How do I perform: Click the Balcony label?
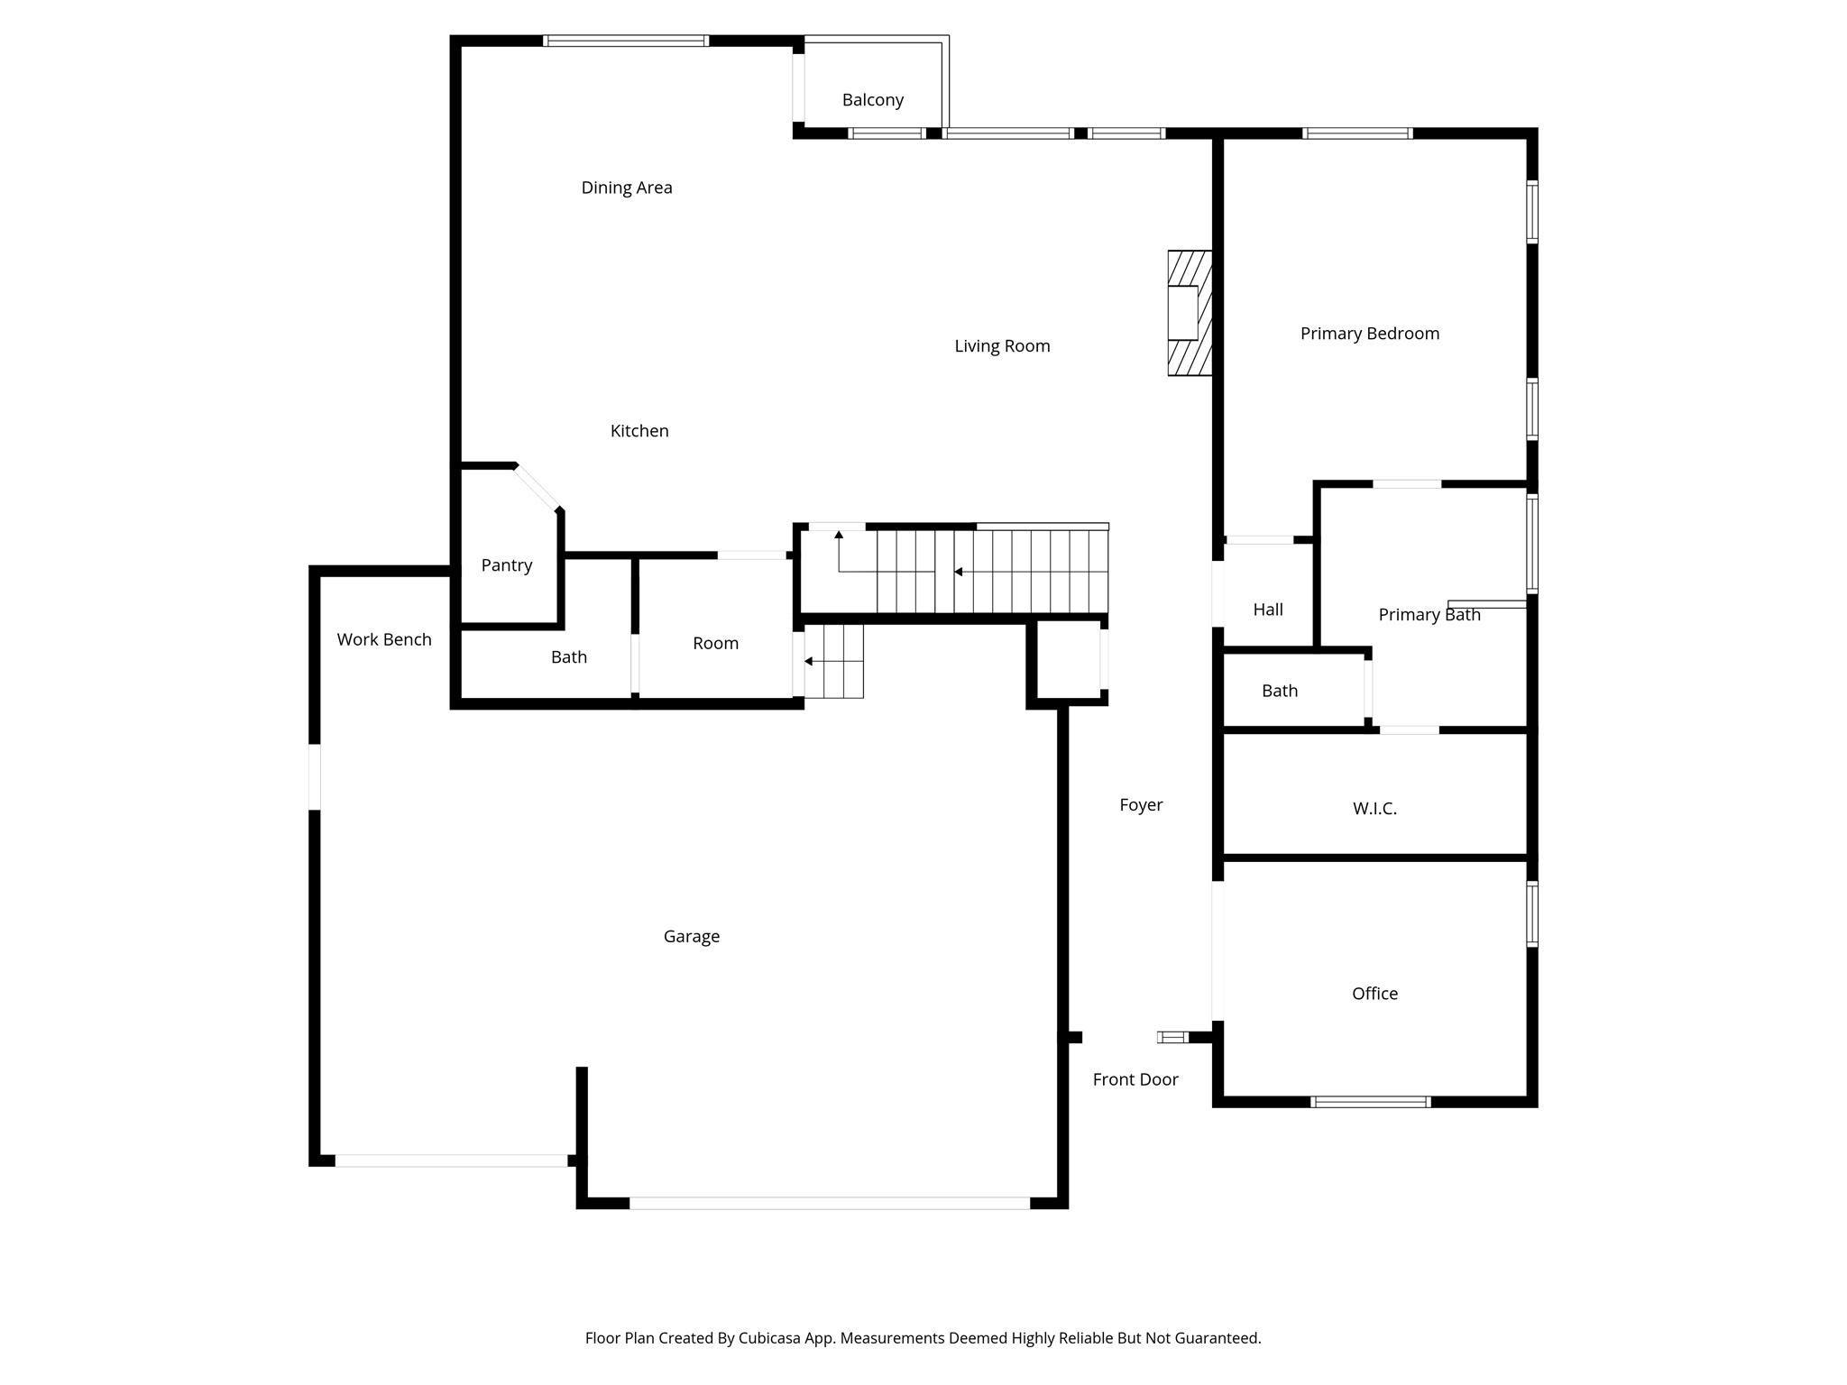click(872, 100)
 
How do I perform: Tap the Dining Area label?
click(627, 188)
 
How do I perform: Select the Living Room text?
click(1002, 346)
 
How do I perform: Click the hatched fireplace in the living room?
click(1189, 313)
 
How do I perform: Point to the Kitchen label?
click(639, 431)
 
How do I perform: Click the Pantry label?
click(506, 565)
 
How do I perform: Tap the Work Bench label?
click(384, 639)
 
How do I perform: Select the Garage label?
click(692, 937)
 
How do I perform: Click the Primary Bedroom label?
click(1369, 334)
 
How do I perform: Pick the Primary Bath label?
click(1429, 615)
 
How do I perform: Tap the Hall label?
click(1268, 610)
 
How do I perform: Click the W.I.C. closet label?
click(1374, 809)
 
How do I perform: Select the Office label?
click(1374, 994)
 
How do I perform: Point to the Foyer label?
click(1141, 805)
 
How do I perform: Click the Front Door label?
click(1135, 1079)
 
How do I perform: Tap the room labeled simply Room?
click(715, 643)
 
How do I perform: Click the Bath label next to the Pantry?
click(569, 657)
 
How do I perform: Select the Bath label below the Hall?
click(1280, 691)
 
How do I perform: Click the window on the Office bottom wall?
click(1370, 1101)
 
